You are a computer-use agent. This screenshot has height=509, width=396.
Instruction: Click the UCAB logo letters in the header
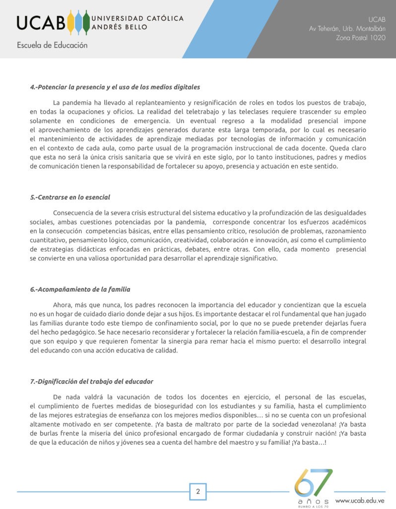tap(41, 22)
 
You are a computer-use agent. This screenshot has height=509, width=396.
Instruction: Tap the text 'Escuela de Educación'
tap(52, 45)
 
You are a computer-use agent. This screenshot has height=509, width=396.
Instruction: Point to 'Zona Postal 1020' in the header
tap(361, 38)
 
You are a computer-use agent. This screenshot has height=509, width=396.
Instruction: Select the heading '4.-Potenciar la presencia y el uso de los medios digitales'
tap(115, 87)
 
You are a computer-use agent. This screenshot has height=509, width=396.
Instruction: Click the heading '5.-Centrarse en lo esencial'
tap(70, 197)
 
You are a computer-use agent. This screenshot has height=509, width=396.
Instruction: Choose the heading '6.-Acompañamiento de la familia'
tap(80, 289)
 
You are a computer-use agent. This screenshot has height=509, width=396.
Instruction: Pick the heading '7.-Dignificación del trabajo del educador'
tap(91, 381)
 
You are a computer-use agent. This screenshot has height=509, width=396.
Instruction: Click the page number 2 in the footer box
tap(198, 492)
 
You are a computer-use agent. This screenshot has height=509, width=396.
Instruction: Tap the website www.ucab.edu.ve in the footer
tap(360, 500)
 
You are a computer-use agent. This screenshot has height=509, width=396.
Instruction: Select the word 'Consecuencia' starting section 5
tap(73, 213)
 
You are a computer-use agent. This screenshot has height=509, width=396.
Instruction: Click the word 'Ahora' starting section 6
tap(62, 305)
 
